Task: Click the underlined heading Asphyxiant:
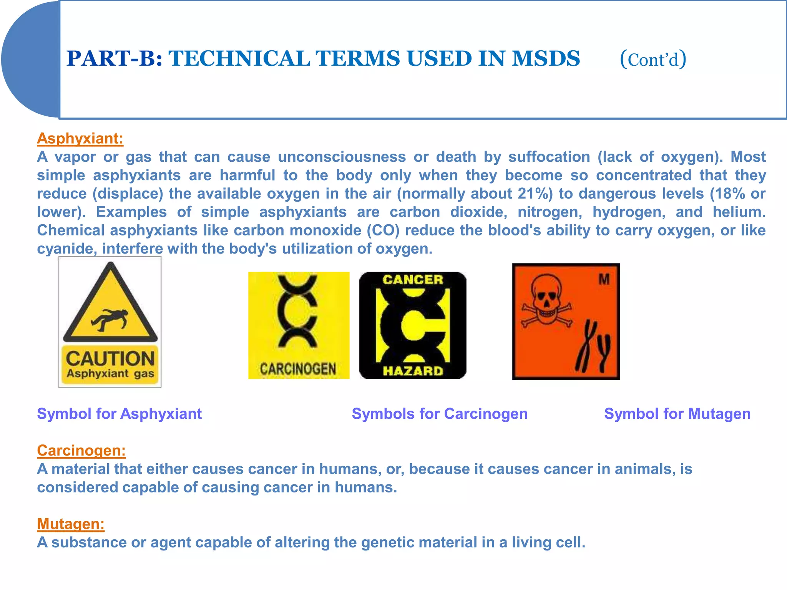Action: click(x=80, y=139)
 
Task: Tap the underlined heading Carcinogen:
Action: click(x=81, y=451)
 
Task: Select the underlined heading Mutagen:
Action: click(x=71, y=524)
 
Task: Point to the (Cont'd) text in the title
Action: click(x=653, y=60)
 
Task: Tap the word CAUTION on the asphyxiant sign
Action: click(x=110, y=359)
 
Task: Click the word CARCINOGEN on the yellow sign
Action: click(x=298, y=369)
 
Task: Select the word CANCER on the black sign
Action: click(x=413, y=280)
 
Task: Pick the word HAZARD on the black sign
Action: click(x=413, y=371)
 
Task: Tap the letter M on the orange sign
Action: click(x=604, y=280)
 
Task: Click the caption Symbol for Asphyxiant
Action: click(x=119, y=414)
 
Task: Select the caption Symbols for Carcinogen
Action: click(x=440, y=414)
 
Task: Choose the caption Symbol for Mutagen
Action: click(x=677, y=414)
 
